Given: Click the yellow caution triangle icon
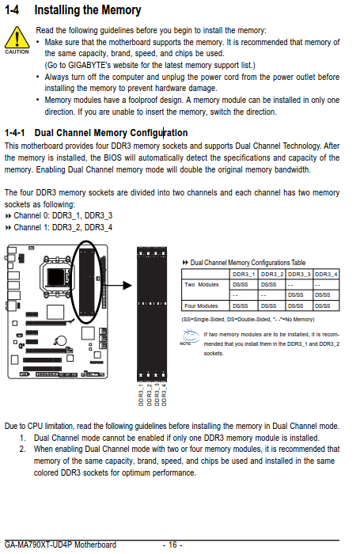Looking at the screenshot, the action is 17,37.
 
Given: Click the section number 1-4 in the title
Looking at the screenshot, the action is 12,9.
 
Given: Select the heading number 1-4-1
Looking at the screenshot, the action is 15,133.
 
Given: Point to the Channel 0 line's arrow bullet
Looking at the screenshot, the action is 8,216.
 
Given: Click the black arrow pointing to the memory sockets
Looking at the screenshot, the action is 116,286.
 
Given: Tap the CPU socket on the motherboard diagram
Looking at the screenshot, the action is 55,275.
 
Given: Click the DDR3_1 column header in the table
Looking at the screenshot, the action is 244,274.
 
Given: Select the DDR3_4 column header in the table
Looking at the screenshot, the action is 326,274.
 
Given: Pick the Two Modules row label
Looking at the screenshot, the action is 202,284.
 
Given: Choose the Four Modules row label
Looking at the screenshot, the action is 201,306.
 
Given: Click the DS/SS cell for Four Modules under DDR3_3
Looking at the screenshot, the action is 295,306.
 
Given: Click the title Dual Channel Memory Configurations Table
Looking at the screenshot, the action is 248,263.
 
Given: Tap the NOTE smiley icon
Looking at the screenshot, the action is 190,336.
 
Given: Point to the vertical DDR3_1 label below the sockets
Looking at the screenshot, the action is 141,395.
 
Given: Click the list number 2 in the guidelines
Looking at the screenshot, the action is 23,449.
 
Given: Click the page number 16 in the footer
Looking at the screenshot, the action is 172,545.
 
